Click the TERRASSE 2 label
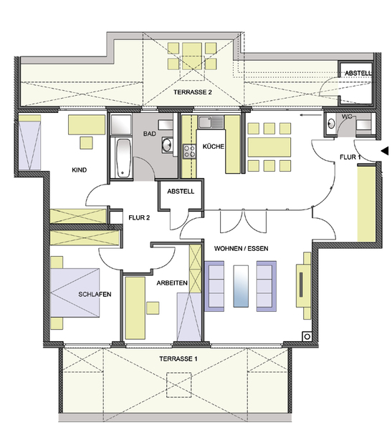193,92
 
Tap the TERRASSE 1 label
178,359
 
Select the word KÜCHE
213,147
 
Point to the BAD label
150,134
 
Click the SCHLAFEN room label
95,295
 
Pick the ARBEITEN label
172,283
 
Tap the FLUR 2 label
139,218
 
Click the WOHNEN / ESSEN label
241,248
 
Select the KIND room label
80,170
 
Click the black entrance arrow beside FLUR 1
385,151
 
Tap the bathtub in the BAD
123,158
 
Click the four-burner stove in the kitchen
189,152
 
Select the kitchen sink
211,122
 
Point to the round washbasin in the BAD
166,144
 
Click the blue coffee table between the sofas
241,286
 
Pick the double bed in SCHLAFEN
75,292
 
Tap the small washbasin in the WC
331,124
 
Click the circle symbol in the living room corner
307,337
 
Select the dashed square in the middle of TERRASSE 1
179,385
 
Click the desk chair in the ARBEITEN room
153,308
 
